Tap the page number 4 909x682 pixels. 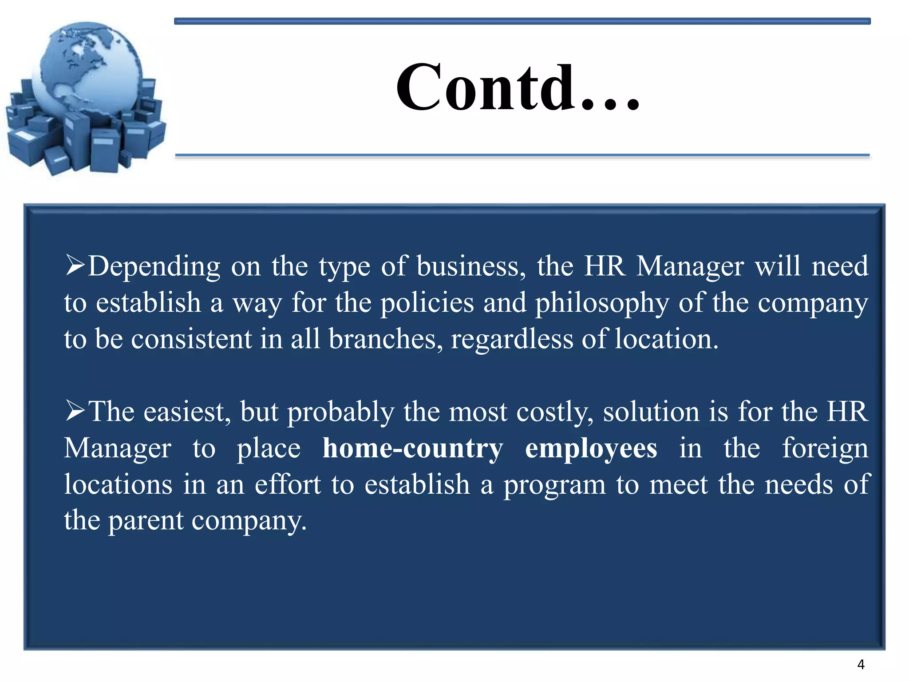[x=861, y=665]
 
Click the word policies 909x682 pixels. [x=427, y=303]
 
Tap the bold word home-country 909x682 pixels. [x=413, y=448]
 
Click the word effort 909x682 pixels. [x=288, y=484]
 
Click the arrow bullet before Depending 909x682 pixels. [x=75, y=265]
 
